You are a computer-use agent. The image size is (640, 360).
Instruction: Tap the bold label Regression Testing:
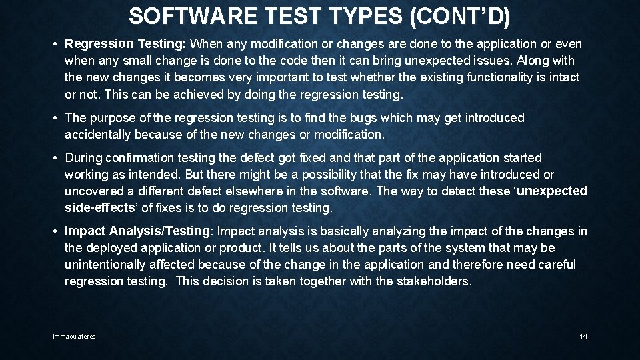pos(125,44)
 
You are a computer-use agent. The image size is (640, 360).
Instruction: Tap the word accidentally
pos(98,135)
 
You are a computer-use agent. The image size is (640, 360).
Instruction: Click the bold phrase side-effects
pos(99,208)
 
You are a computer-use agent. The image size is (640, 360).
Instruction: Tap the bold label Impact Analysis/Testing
pos(137,231)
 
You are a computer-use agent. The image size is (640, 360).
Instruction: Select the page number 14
pos(583,337)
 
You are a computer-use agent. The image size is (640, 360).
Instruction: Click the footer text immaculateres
pos(74,337)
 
